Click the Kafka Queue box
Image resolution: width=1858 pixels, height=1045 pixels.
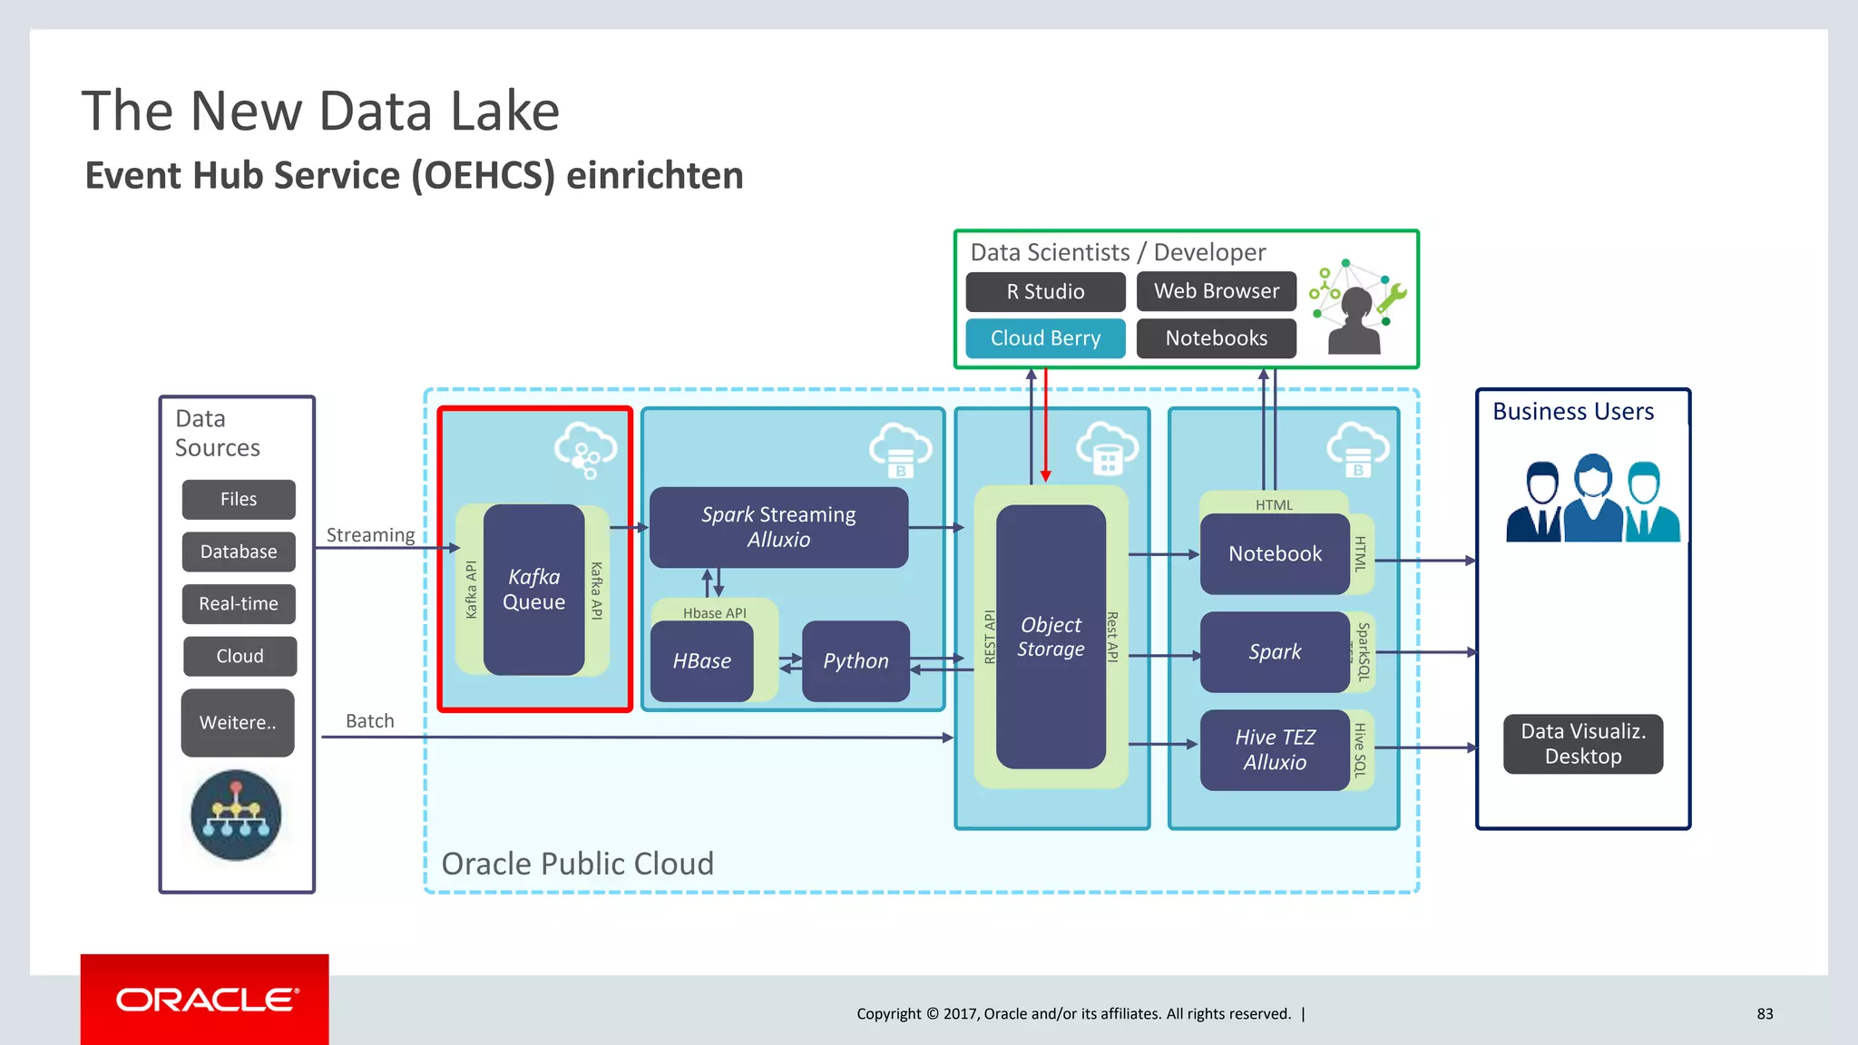click(x=533, y=590)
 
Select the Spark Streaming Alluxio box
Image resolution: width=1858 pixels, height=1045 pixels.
click(x=778, y=527)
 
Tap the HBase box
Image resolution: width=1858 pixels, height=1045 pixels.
click(x=701, y=661)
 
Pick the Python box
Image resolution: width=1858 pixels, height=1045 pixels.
click(x=856, y=661)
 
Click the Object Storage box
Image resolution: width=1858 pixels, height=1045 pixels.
click(x=1051, y=637)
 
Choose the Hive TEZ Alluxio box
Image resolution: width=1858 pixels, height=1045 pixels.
click(x=1275, y=750)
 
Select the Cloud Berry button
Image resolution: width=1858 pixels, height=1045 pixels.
click(x=1045, y=338)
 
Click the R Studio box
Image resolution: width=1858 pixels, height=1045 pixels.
click(x=1045, y=292)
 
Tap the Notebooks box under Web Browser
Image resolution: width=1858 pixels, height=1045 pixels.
click(x=1216, y=338)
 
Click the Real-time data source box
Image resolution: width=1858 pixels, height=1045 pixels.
click(x=239, y=604)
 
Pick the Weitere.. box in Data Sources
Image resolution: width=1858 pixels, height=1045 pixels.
click(x=238, y=723)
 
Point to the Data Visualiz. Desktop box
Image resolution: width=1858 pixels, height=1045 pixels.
click(x=1582, y=744)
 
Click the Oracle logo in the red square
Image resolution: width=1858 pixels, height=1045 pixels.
click(x=205, y=1000)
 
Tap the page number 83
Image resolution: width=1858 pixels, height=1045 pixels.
click(x=1765, y=1014)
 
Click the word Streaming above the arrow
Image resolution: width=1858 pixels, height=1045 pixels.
click(x=370, y=535)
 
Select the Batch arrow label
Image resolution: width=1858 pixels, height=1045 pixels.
click(x=370, y=721)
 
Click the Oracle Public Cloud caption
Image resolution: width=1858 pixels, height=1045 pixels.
click(x=577, y=864)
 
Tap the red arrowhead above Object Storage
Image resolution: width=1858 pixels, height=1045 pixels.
click(x=1045, y=475)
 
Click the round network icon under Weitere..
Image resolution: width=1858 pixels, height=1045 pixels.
click(x=236, y=815)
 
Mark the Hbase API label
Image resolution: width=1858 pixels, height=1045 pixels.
click(x=715, y=613)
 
